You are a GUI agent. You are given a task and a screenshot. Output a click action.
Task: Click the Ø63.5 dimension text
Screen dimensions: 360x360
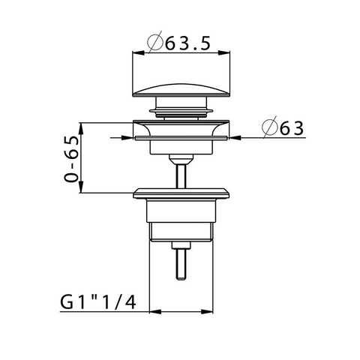178,43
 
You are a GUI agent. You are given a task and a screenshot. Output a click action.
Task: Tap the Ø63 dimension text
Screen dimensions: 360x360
283,127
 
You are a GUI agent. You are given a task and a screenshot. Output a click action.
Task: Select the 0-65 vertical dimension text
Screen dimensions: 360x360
71,159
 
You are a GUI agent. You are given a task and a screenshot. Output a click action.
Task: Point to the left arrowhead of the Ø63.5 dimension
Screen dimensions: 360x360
139,53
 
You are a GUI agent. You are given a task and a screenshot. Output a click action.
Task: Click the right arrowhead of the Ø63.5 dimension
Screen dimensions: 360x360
223,53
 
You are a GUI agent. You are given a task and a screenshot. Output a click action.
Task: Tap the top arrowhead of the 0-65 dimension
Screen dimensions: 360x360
81,129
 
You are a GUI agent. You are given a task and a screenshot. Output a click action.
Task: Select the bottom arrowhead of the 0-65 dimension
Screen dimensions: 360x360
81,187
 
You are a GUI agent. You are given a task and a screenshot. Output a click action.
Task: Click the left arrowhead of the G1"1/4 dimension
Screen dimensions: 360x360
155,312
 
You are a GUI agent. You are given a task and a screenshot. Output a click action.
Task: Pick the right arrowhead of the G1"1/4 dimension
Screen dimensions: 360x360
207,312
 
